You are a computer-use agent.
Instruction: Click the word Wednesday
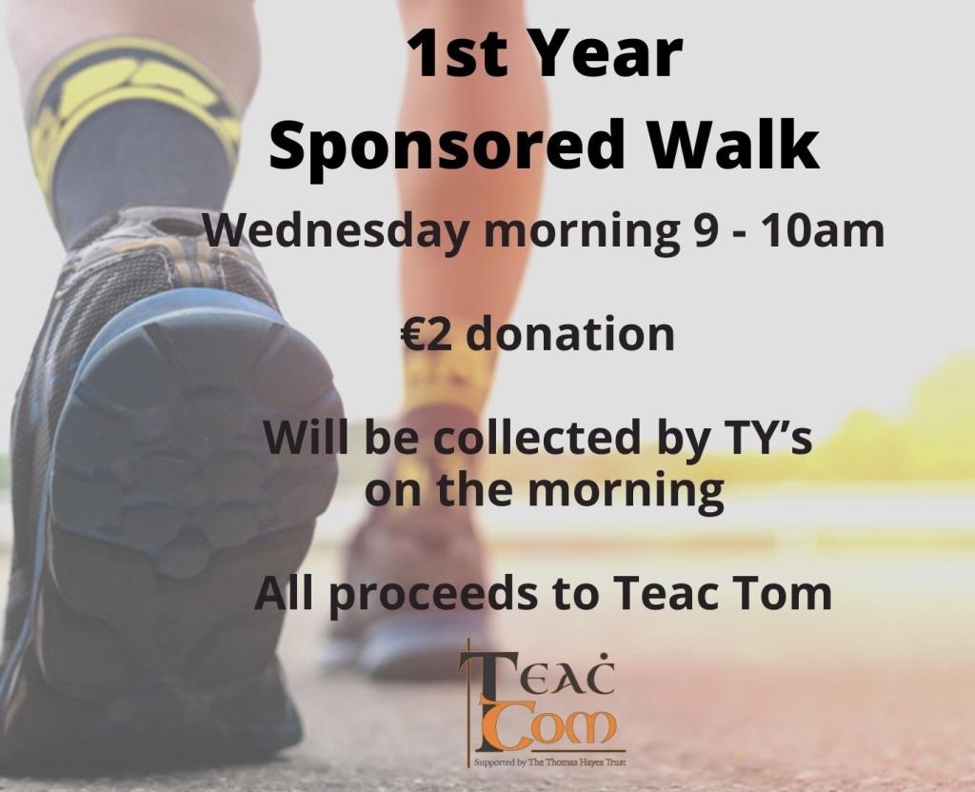pyautogui.click(x=335, y=232)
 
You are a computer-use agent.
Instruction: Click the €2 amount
pyautogui.click(x=428, y=334)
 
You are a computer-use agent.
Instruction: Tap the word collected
pyautogui.click(x=537, y=436)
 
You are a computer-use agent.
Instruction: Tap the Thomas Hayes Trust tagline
pyautogui.click(x=549, y=762)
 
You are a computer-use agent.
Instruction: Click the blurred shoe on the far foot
pyautogui.click(x=410, y=597)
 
